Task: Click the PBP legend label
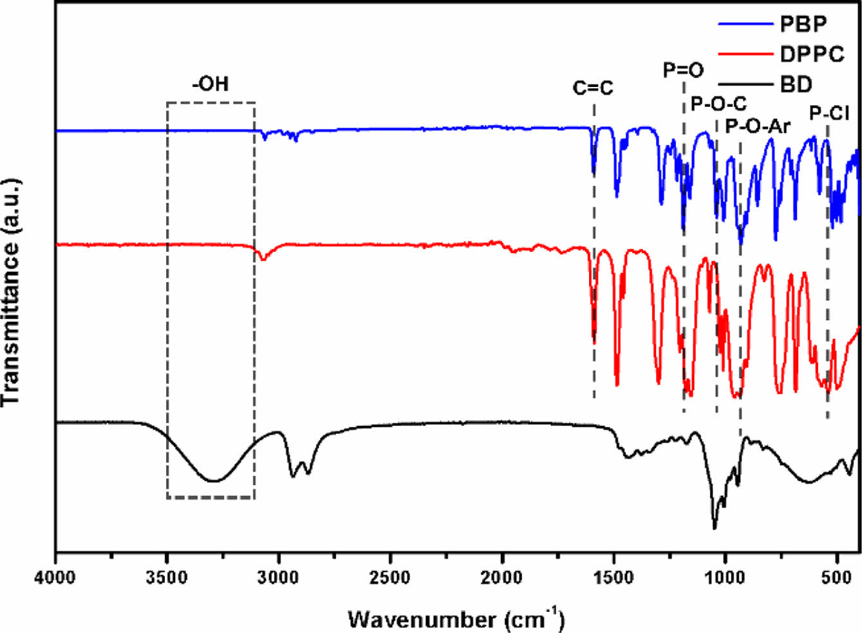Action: pos(803,24)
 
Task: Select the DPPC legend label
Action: pos(812,54)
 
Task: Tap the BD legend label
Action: pos(796,84)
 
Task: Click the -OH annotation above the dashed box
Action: pos(211,84)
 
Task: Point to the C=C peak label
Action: pos(593,88)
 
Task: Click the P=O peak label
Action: pos(684,70)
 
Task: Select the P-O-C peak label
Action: pos(718,103)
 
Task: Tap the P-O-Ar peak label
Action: pos(757,126)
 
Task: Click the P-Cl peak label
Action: pos(829,114)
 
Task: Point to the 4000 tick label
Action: pos(56,574)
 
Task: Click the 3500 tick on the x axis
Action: pos(167,574)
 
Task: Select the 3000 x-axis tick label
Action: pos(279,574)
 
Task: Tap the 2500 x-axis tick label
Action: pos(390,574)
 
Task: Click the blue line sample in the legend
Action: pos(745,24)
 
